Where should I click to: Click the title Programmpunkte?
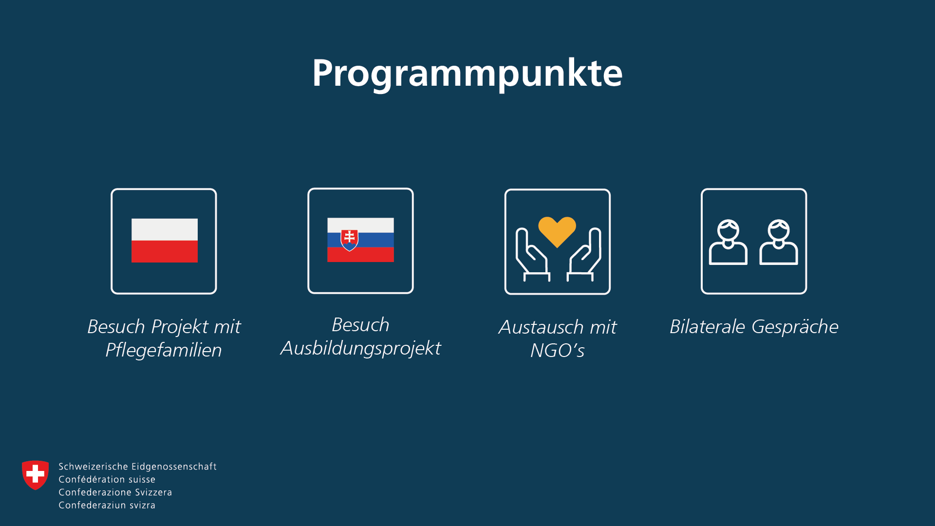tap(467, 73)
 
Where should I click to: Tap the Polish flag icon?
tap(165, 241)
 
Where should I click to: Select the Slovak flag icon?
tap(360, 240)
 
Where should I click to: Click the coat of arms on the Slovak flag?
tap(349, 240)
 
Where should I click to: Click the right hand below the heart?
tap(584, 256)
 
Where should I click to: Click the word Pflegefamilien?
tap(164, 350)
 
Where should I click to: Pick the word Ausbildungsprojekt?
tap(360, 348)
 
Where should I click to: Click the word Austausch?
tap(541, 327)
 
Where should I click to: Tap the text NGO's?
tap(557, 351)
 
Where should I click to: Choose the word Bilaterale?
tap(707, 327)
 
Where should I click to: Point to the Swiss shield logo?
tap(35, 474)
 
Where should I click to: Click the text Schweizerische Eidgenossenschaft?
tap(137, 467)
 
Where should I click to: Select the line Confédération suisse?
tap(107, 480)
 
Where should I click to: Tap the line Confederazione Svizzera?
tap(115, 492)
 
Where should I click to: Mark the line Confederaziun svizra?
tap(107, 506)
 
